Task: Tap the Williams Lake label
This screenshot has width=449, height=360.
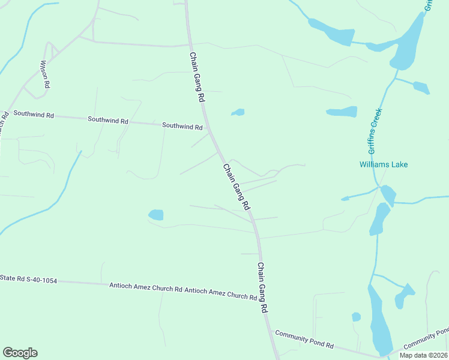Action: click(x=384, y=164)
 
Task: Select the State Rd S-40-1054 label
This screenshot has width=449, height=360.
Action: click(x=28, y=279)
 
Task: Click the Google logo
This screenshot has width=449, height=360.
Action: click(x=20, y=353)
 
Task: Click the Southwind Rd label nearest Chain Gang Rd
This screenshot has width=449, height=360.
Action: click(x=182, y=127)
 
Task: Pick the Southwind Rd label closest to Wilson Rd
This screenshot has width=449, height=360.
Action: click(x=34, y=114)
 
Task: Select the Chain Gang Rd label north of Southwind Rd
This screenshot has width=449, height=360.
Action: click(x=197, y=77)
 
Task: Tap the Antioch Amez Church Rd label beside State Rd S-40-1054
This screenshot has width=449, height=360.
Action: click(x=145, y=287)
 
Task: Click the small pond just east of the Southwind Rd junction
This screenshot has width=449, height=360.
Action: click(x=238, y=112)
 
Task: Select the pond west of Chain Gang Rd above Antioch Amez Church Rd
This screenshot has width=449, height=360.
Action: click(x=156, y=214)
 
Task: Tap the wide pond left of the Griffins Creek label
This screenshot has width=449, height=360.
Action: click(x=342, y=112)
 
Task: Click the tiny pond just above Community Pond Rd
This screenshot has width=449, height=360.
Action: click(x=356, y=317)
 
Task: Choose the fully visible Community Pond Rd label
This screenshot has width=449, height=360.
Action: click(x=304, y=339)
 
